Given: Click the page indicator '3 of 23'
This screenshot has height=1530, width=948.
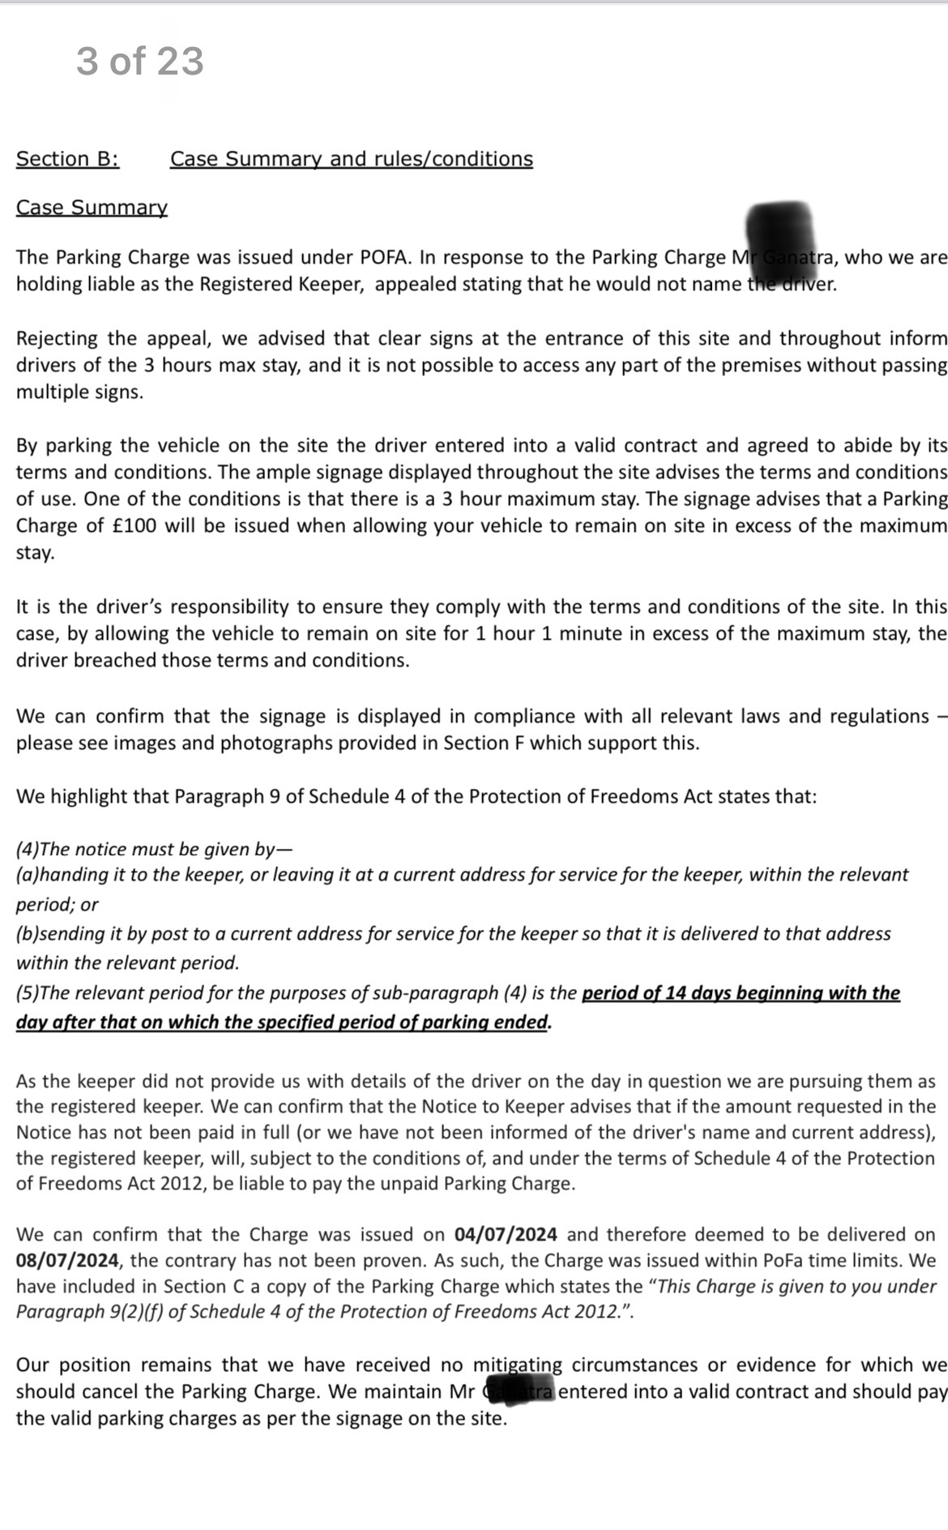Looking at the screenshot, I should pos(139,62).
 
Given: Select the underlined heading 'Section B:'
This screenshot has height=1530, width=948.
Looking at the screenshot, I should pos(67,159).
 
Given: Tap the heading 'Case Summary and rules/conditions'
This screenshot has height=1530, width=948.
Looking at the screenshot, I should pos(351,159).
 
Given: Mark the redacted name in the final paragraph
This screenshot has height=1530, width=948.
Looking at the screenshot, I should pos(519,1391).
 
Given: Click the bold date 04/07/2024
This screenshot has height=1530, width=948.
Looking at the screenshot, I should pos(506,1235).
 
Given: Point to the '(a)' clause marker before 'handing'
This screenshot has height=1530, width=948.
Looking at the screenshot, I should pos(27,875).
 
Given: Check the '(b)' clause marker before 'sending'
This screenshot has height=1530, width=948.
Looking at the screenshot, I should pos(27,934).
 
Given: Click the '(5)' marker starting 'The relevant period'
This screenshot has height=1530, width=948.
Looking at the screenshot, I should pos(27,993).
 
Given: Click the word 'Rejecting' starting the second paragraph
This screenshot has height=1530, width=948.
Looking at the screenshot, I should pos(57,339).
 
